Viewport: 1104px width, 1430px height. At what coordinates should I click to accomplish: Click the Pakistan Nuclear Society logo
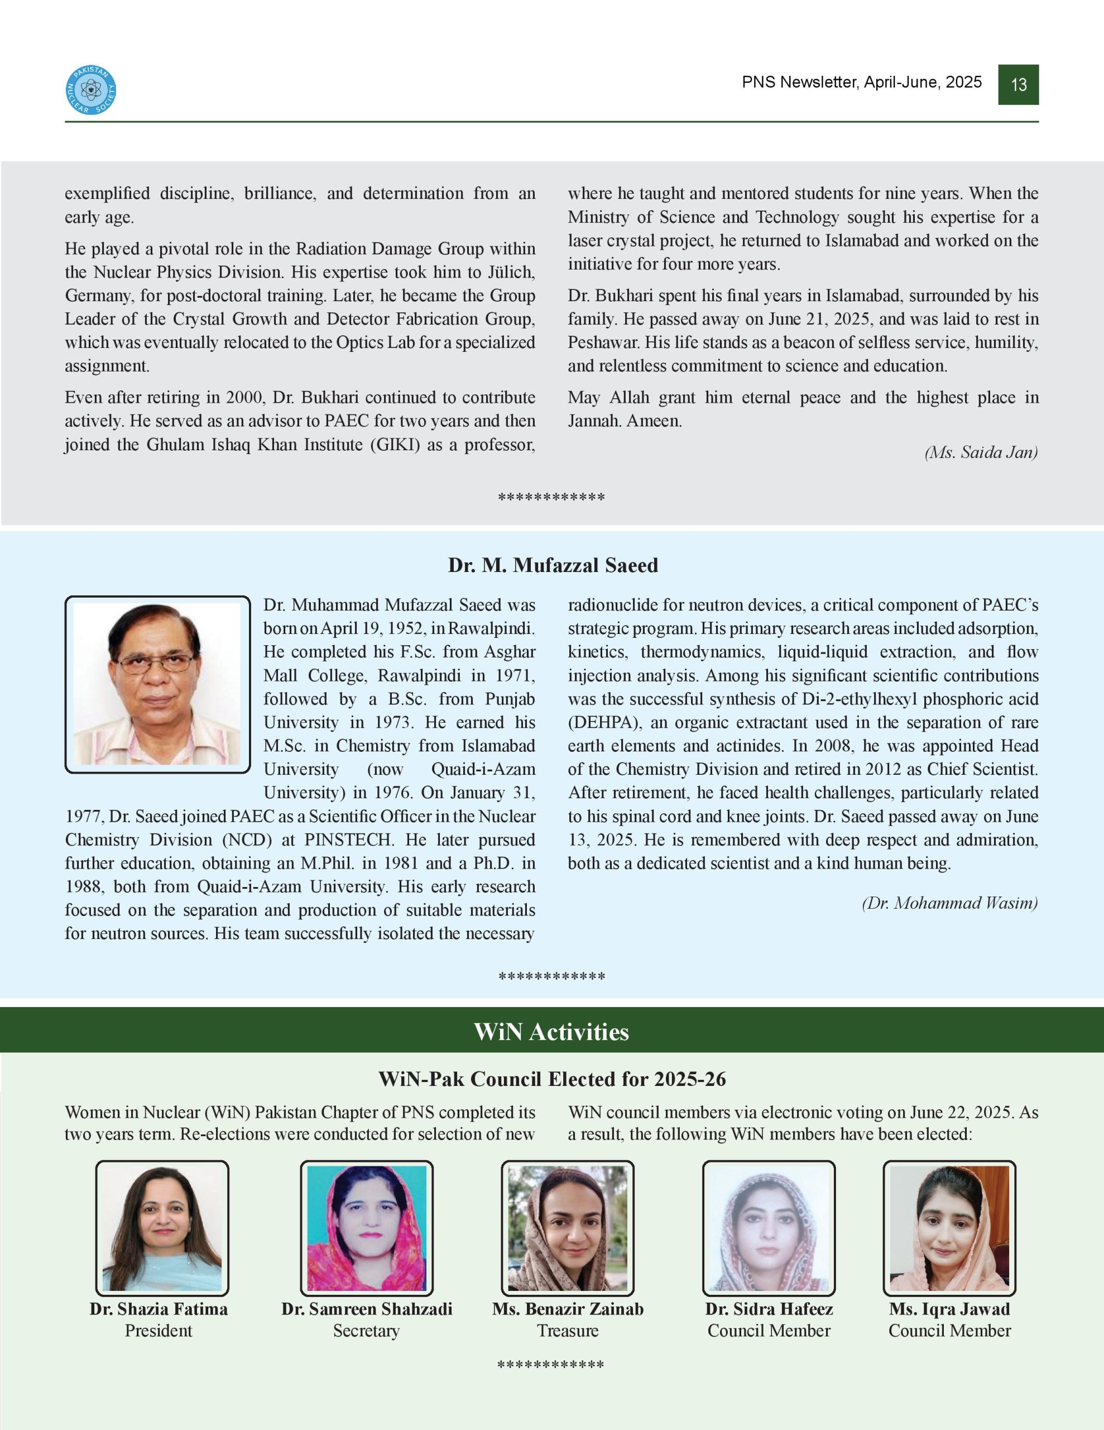(92, 90)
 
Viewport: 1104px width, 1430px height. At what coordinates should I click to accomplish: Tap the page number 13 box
(1018, 84)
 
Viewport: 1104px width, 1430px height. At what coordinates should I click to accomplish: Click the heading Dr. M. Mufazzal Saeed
(553, 565)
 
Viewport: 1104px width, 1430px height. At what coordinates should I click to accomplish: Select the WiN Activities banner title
(551, 1032)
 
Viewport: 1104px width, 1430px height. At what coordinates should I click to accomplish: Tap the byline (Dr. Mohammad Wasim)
(949, 903)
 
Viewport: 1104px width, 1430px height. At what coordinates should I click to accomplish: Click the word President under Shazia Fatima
(159, 1331)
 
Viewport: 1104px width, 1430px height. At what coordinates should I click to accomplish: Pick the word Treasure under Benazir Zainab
(568, 1331)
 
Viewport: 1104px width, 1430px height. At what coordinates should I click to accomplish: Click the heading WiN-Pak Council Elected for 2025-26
(551, 1079)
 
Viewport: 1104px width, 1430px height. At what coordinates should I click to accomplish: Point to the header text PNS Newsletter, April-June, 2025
(861, 82)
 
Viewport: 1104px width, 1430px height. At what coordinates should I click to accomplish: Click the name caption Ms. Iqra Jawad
(949, 1309)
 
